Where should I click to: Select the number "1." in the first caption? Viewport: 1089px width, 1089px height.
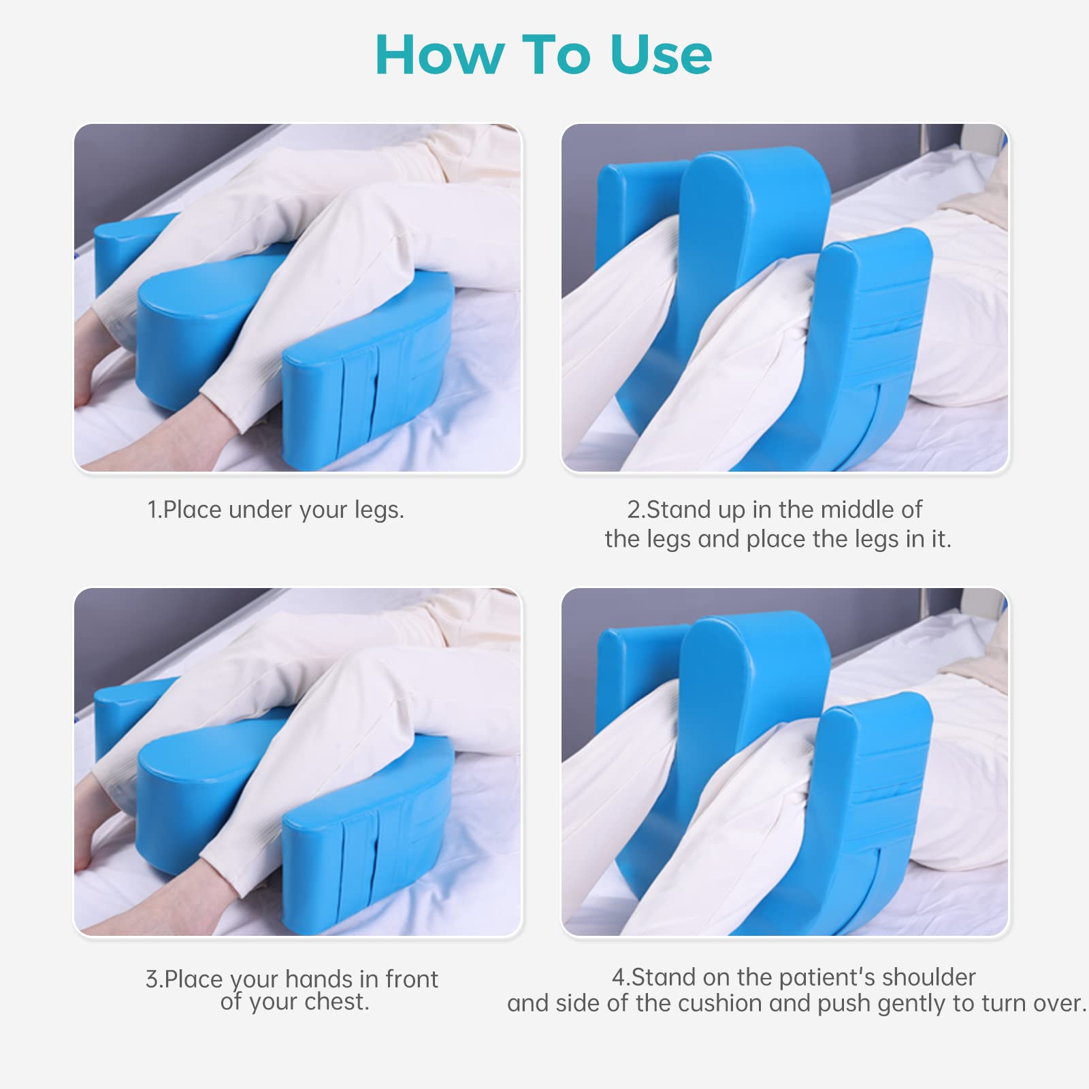coord(155,510)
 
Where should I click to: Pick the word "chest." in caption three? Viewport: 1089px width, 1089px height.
coord(336,1002)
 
